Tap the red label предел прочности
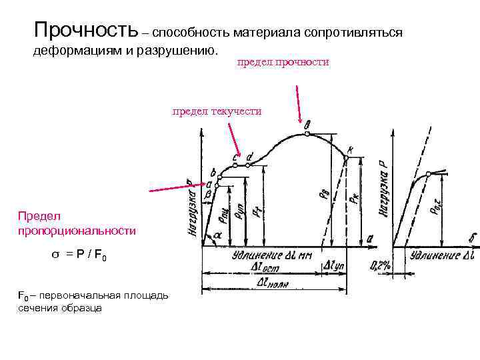click(283, 62)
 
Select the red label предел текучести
click(217, 111)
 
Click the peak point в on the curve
click(306, 133)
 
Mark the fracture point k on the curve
click(347, 155)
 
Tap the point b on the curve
click(217, 177)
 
